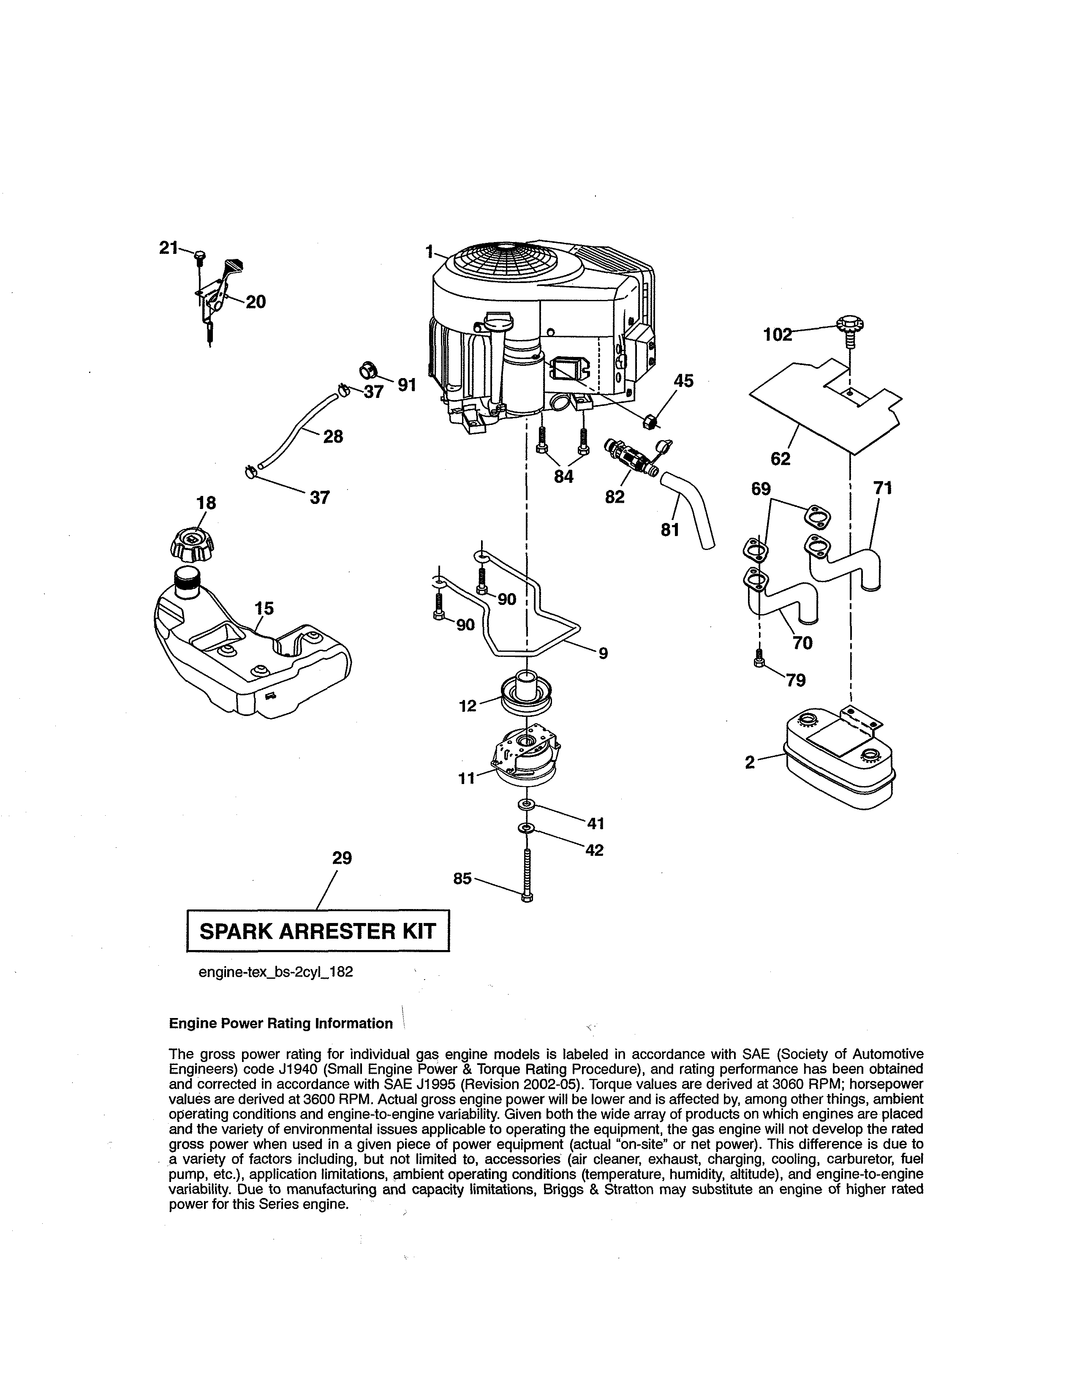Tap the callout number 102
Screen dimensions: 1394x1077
pyautogui.click(x=777, y=335)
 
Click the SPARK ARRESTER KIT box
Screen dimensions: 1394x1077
pyautogui.click(x=318, y=931)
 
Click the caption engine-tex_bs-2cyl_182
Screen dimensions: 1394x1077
pyautogui.click(x=276, y=972)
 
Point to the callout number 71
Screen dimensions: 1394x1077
pyautogui.click(x=882, y=488)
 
